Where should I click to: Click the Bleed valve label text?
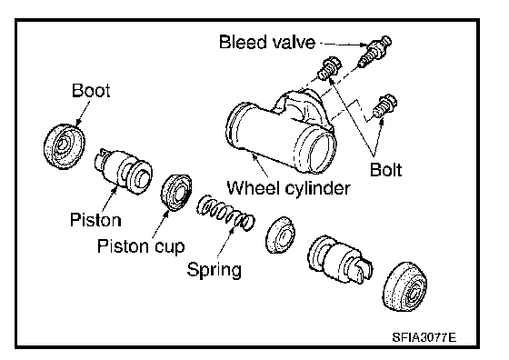coord(267,42)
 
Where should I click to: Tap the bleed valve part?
coord(374,51)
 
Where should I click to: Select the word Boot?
coord(91,90)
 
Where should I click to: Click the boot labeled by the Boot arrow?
coord(64,146)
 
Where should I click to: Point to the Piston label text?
coord(95,220)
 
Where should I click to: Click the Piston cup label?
coord(141,246)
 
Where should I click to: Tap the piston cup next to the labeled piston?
coord(176,192)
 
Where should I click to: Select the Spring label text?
coord(215,269)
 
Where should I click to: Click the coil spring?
coord(225,214)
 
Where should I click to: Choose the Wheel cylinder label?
coord(288,188)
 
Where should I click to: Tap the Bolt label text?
coord(385,169)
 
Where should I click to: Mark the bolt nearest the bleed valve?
coord(329,68)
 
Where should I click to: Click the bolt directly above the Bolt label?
coord(384,106)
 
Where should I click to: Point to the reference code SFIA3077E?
coord(424,337)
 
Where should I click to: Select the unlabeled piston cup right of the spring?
coord(280,235)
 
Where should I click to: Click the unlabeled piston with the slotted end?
coord(340,260)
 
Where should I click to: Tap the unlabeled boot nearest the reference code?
coord(404,286)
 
